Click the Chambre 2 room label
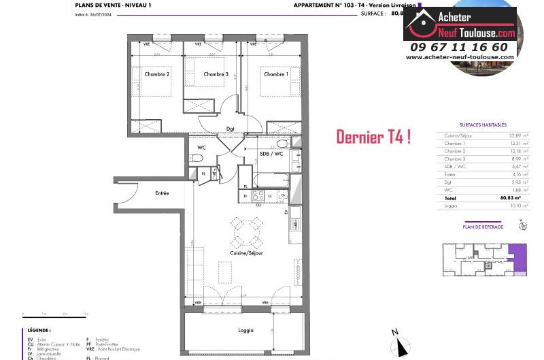point(157,74)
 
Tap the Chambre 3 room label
point(216,74)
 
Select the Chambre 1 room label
point(275,74)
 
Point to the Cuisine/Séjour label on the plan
point(245,253)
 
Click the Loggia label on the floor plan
point(245,330)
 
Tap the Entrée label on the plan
point(162,193)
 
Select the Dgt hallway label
point(231,128)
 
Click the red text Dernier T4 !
point(373,137)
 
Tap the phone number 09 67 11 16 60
point(459,47)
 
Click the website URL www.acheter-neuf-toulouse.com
point(460,57)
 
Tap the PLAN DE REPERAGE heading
point(483,227)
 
